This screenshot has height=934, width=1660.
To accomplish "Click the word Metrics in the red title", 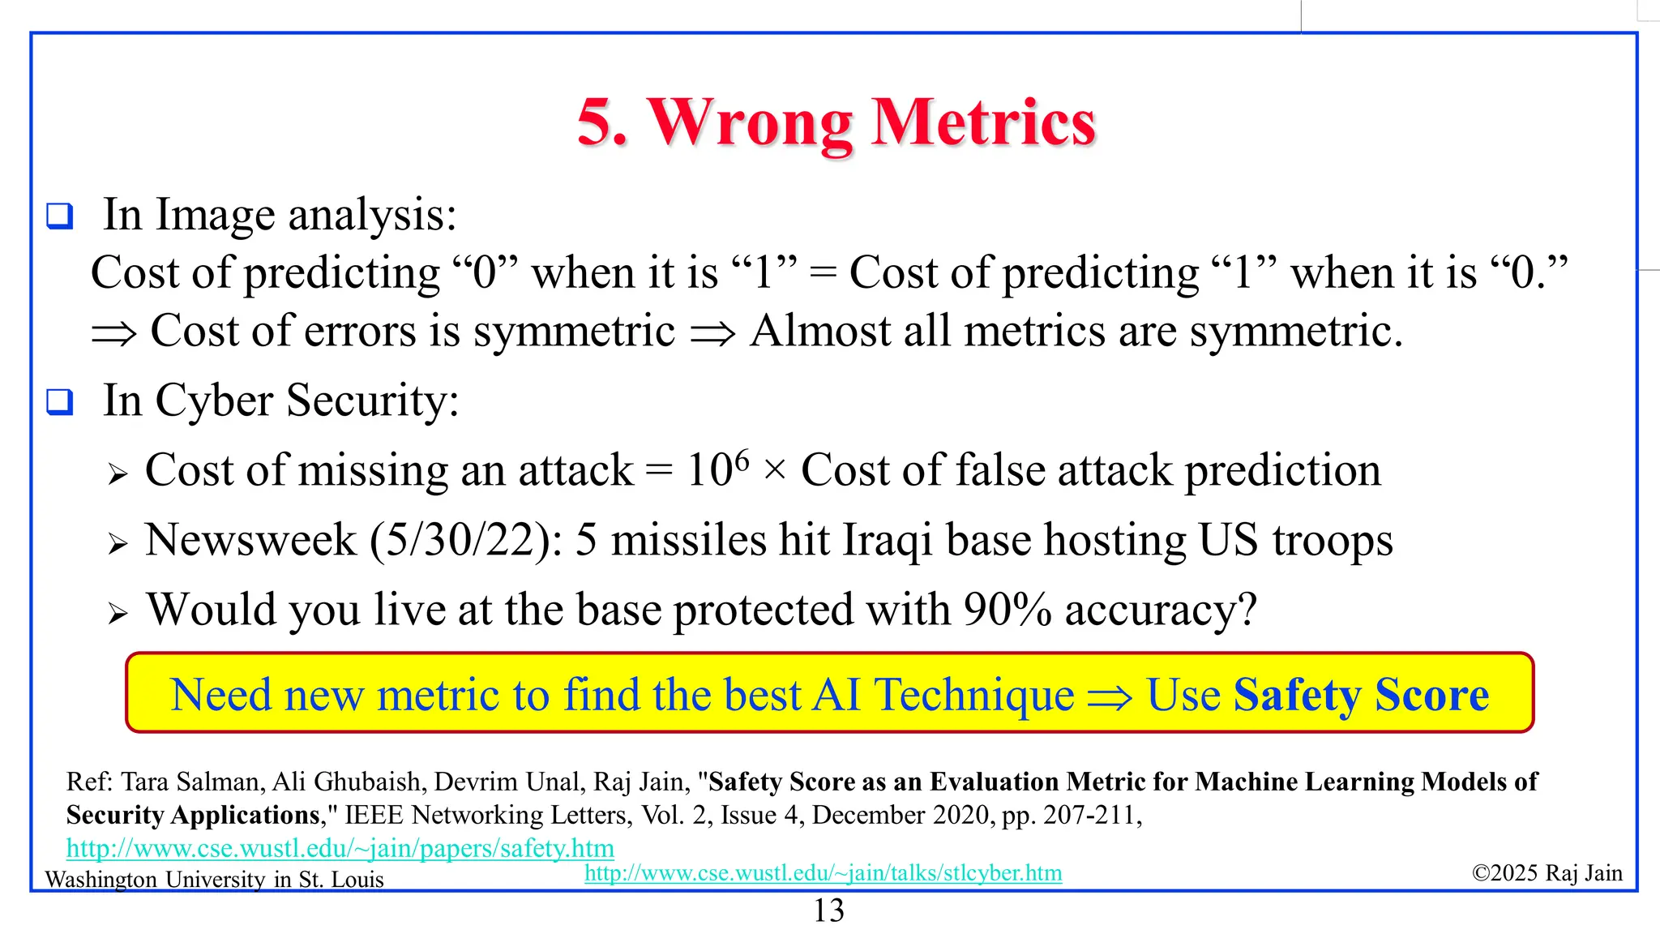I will pos(983,123).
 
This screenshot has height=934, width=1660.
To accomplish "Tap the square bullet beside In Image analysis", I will pos(60,216).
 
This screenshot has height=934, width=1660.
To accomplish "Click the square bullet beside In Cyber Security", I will pos(60,402).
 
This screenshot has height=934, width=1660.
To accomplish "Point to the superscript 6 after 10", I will pos(741,459).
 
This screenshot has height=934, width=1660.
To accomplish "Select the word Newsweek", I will pos(250,541).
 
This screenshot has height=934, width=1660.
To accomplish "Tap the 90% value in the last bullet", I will pos(1007,610).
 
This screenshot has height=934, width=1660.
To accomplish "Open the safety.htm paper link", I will pos(340,848).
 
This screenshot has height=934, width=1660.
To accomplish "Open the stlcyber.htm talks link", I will pos(823,873).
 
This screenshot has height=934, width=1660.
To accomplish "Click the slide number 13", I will pos(828,911).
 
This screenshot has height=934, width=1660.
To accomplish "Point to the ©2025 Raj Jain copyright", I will pos(1547,873).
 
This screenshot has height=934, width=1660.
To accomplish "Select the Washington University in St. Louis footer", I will pos(214,880).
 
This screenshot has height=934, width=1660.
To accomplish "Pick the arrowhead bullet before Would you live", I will pos(118,615).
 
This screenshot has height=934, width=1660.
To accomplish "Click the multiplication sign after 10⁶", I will pos(775,471).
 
